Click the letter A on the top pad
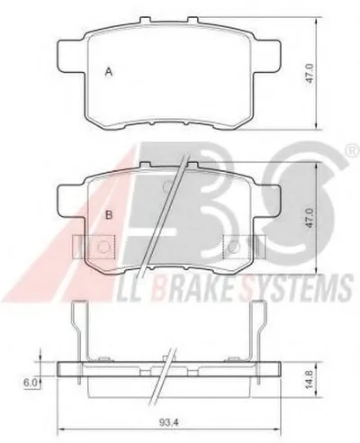[x=109, y=72]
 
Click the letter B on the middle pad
[x=109, y=215]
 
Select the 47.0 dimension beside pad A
[x=310, y=73]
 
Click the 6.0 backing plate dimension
[x=31, y=383]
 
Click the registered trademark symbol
[x=354, y=150]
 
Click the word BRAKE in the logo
[x=194, y=287]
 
